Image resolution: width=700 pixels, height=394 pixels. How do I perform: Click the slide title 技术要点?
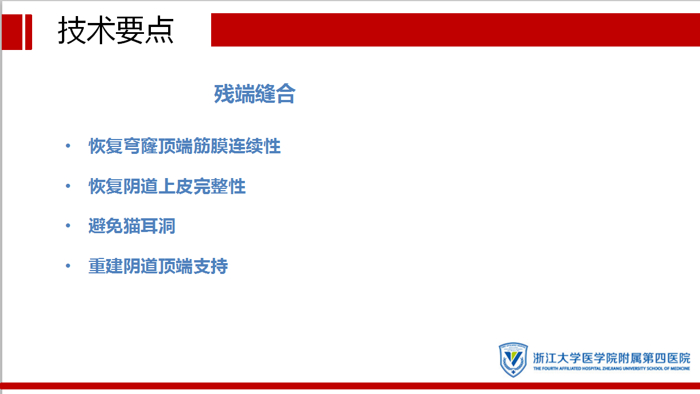click(116, 30)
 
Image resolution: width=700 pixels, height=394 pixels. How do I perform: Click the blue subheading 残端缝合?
click(255, 94)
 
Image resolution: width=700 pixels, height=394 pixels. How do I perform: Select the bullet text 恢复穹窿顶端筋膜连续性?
click(185, 146)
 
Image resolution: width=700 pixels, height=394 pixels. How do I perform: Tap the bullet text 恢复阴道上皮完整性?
click(167, 186)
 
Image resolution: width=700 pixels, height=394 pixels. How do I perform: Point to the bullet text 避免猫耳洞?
click(132, 226)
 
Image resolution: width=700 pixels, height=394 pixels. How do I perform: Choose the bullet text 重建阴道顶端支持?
click(158, 266)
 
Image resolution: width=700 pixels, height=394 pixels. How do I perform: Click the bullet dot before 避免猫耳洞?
click(68, 226)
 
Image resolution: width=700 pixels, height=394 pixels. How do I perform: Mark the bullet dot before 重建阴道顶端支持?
click(68, 266)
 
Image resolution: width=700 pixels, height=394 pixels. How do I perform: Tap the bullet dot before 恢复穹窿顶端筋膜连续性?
click(68, 146)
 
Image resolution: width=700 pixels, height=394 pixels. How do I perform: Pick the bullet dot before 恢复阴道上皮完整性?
click(68, 186)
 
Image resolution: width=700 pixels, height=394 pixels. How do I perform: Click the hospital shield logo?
click(513, 360)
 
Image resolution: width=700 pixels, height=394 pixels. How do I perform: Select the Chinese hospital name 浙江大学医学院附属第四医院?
click(612, 358)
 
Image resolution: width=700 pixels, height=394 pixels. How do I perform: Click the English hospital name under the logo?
click(612, 368)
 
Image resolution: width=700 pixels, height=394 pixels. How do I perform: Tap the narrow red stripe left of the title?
click(29, 32)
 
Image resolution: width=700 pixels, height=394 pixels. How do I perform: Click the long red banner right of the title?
click(456, 30)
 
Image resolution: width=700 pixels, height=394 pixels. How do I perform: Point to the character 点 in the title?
click(159, 30)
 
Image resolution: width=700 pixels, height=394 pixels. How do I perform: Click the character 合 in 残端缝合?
click(286, 94)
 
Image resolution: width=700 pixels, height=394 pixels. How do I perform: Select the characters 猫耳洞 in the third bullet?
click(149, 226)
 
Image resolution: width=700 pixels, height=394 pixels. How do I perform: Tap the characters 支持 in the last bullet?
click(211, 266)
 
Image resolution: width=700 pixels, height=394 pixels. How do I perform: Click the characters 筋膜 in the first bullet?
click(202, 146)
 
